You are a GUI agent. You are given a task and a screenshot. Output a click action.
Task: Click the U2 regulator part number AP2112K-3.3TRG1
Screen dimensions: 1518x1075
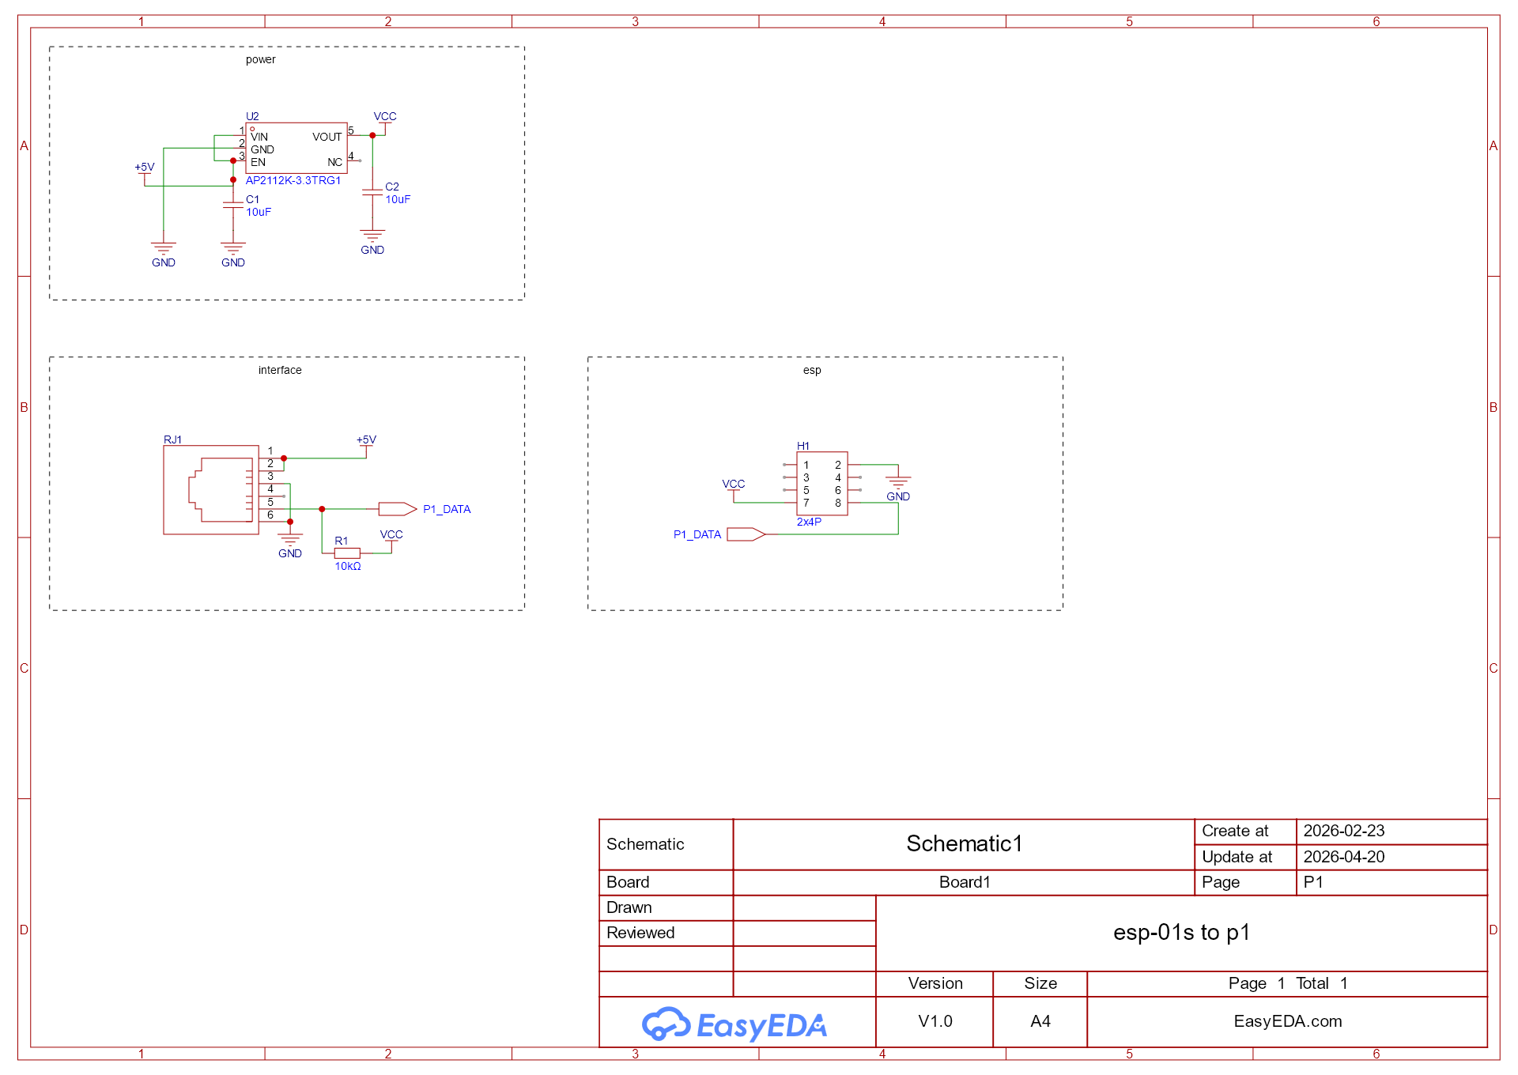click(x=293, y=180)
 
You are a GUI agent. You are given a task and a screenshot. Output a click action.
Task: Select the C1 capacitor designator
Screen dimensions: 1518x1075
click(x=252, y=199)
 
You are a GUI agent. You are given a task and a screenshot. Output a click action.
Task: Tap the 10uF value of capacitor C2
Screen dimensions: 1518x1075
click(x=398, y=199)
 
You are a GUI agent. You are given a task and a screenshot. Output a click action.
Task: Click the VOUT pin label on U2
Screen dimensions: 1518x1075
click(x=327, y=137)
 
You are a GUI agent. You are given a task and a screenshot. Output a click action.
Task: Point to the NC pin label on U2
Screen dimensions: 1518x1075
click(x=335, y=162)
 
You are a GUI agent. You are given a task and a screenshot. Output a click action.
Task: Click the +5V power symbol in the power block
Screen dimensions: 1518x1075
click(x=145, y=172)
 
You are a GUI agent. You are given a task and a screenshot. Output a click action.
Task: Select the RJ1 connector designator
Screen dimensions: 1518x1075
click(x=172, y=439)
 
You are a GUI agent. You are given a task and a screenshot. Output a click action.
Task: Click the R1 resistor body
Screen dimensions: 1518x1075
click(x=347, y=553)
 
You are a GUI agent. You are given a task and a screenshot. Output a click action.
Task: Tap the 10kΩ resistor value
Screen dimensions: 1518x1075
click(x=348, y=566)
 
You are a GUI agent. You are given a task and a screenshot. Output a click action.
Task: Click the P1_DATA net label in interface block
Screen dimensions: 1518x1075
click(x=447, y=509)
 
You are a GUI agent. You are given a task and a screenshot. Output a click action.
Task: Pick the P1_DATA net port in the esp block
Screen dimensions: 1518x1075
click(x=746, y=534)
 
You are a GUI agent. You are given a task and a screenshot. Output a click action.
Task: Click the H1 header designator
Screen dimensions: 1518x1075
click(x=803, y=446)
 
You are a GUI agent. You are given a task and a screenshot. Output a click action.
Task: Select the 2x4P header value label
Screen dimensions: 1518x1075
click(x=809, y=522)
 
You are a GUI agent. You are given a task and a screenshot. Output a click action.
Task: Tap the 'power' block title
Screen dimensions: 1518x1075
click(x=261, y=59)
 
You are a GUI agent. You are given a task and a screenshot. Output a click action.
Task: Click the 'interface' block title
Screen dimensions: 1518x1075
click(x=280, y=370)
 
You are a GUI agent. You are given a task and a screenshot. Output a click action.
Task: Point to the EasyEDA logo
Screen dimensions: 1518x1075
click(x=734, y=1024)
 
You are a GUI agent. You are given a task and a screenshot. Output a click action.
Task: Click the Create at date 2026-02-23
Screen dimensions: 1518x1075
click(x=1344, y=831)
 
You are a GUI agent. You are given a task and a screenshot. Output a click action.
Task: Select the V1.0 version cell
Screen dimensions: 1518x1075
click(x=935, y=1021)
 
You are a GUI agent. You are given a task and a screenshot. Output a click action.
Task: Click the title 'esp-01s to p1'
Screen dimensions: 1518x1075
click(x=1181, y=933)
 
